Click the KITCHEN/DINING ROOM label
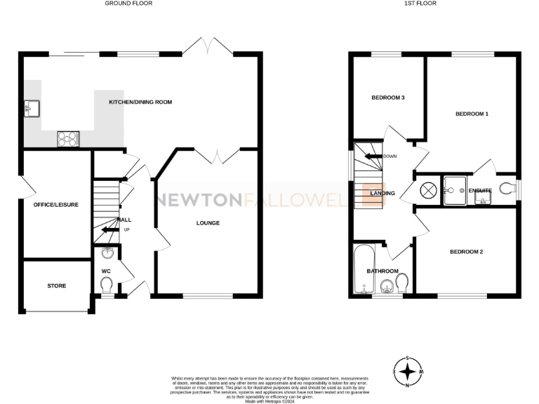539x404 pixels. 140,102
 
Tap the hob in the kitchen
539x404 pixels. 68,138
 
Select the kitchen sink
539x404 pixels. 32,108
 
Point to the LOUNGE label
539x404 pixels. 208,223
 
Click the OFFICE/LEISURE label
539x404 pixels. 55,205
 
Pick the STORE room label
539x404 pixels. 56,286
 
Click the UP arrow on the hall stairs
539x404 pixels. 108,229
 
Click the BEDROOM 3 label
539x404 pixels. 388,97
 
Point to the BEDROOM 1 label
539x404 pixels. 472,114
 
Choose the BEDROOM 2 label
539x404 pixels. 467,251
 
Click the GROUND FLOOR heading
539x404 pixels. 128,4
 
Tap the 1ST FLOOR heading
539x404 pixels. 421,4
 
